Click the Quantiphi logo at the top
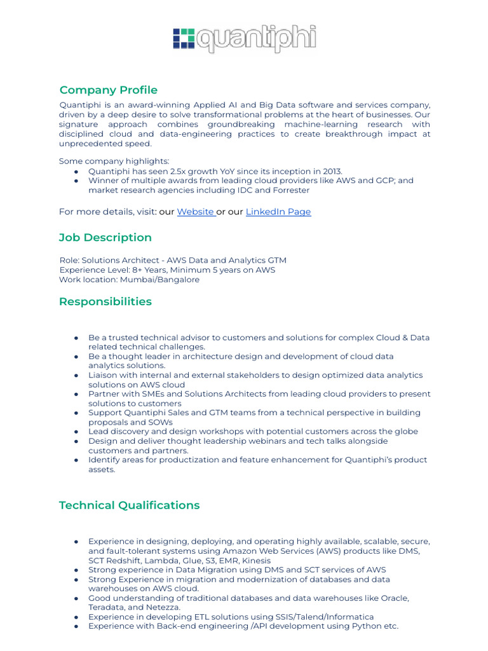[x=244, y=38]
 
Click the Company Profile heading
[x=108, y=90]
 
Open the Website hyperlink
[x=195, y=212]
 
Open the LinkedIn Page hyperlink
[x=278, y=212]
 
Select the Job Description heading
[x=105, y=237]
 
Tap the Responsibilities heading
[x=105, y=301]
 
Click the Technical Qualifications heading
[x=129, y=505]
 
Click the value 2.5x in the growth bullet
[x=166, y=171]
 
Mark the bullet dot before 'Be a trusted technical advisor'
[x=76, y=338]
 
